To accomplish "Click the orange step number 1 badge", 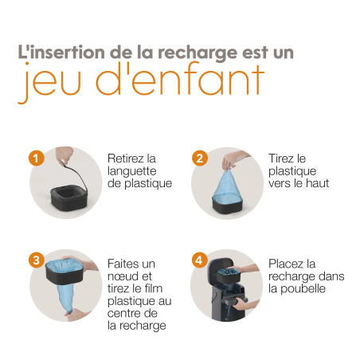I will click(x=36, y=157).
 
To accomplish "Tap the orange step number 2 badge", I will click(x=199, y=157).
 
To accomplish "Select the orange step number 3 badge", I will click(x=36, y=260).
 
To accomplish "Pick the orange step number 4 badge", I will click(x=199, y=260).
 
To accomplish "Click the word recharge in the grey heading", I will click(x=206, y=53).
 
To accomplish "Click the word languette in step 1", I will click(x=132, y=171).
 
